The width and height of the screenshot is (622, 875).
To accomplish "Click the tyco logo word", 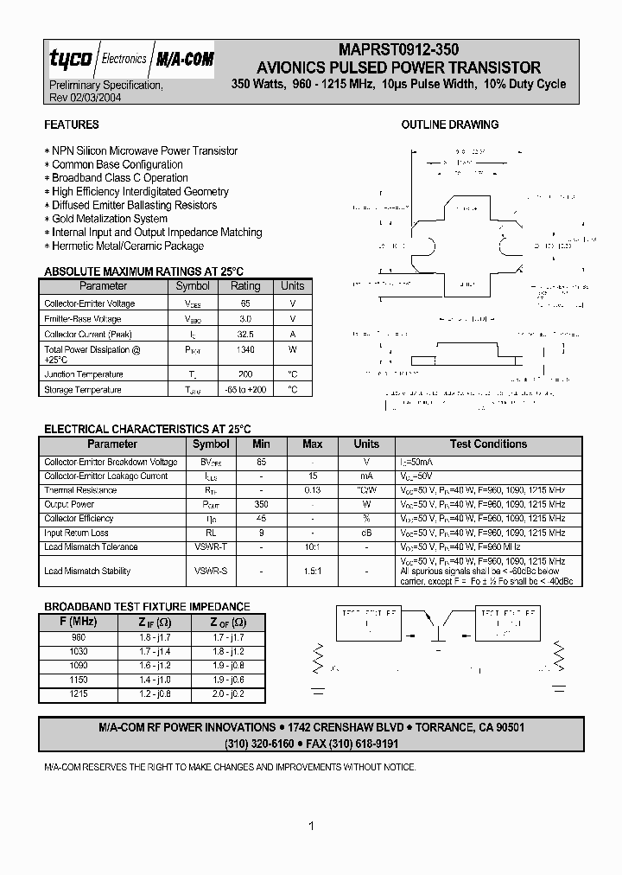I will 67,60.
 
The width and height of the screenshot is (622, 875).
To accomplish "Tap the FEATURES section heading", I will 72,125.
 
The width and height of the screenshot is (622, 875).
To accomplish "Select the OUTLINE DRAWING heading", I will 449,125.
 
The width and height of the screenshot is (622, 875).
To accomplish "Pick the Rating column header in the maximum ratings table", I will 245,286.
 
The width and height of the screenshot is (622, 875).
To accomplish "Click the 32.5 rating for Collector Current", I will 245,335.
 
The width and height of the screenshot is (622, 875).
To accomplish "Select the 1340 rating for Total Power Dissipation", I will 245,350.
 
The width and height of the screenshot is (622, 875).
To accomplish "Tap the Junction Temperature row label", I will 84,374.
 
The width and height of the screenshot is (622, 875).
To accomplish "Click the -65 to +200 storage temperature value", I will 245,390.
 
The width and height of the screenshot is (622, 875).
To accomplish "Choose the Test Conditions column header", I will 488,444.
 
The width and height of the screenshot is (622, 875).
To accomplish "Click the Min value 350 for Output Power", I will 261,504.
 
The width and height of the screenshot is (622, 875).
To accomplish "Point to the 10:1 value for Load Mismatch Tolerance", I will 312,547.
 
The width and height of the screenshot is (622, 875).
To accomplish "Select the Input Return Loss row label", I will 77,533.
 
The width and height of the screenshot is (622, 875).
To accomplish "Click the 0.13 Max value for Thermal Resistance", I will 312,490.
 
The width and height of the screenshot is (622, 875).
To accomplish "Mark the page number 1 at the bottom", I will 311,827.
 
